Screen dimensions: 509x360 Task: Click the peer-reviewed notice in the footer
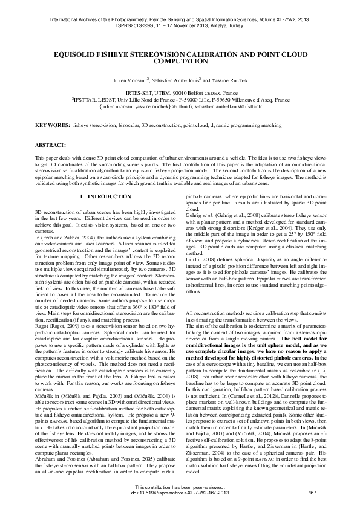(180, 487)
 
